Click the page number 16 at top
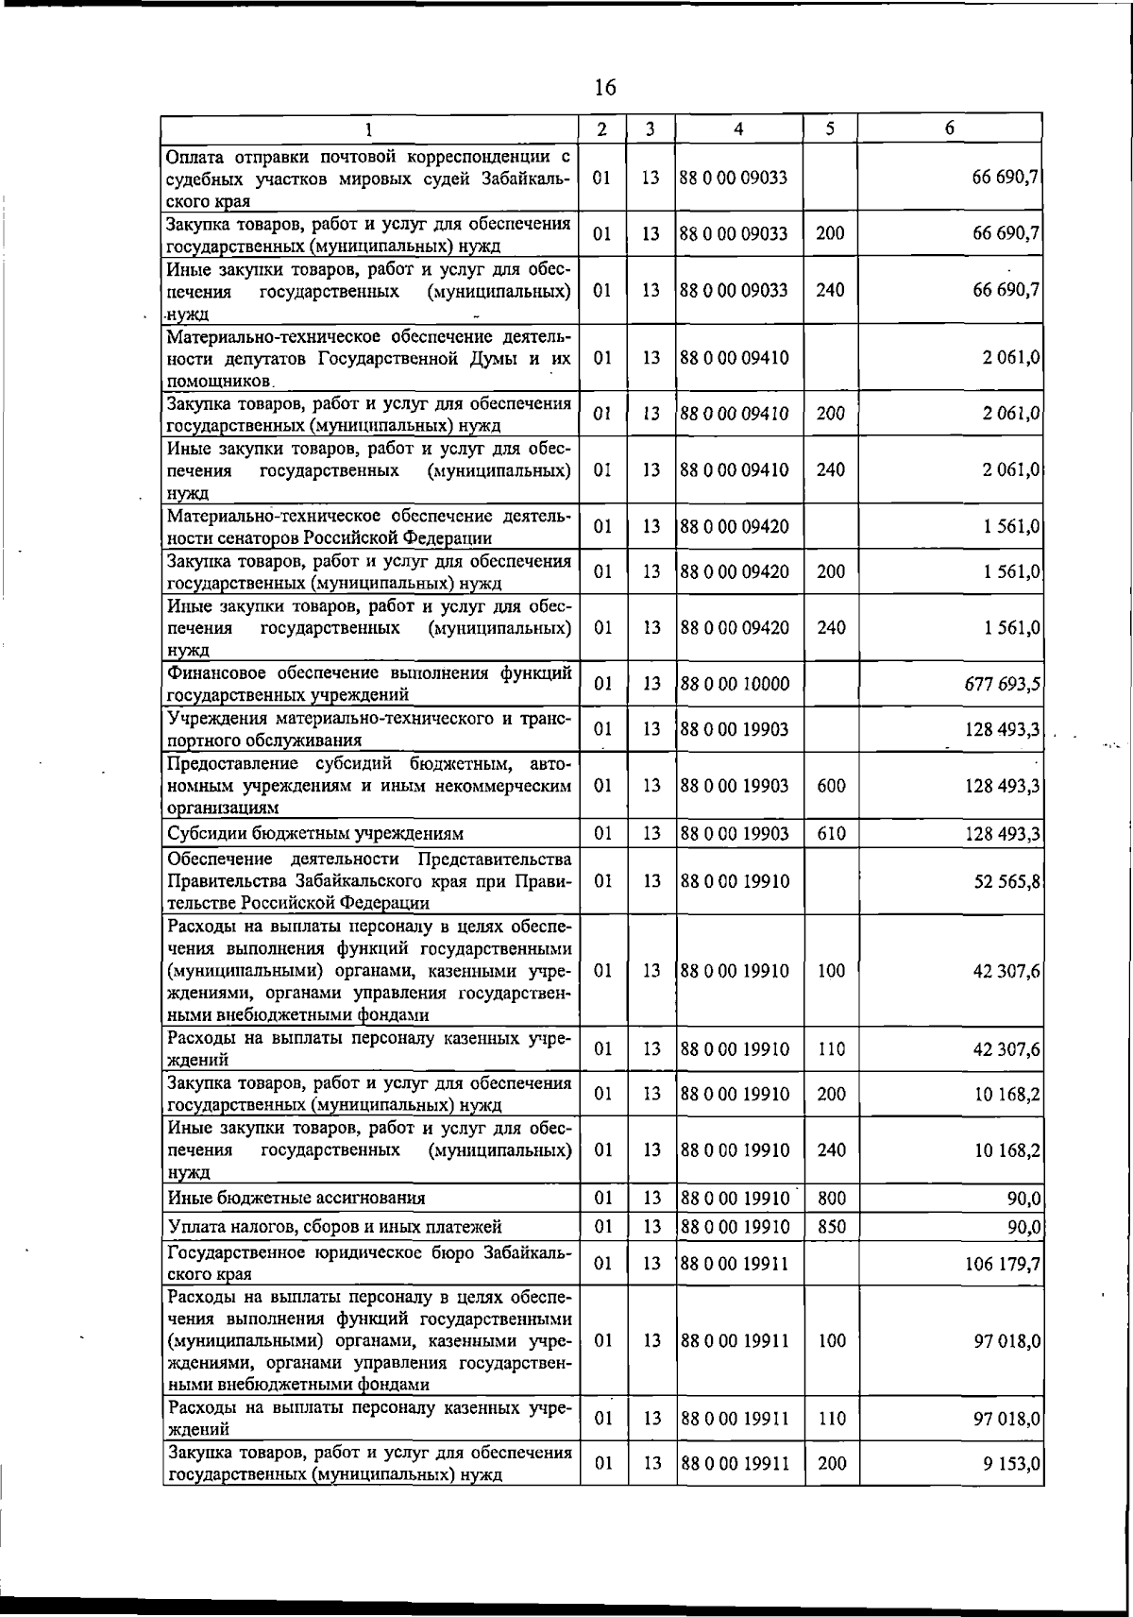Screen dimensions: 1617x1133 click(605, 88)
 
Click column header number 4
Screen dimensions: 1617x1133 click(738, 128)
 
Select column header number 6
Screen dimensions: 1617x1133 click(949, 128)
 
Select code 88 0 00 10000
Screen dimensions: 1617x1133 click(734, 684)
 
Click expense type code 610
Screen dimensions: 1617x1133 click(831, 834)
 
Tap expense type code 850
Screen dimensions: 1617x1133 click(831, 1227)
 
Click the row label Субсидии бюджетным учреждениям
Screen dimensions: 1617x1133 click(315, 834)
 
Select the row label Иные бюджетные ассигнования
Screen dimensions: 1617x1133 click(296, 1199)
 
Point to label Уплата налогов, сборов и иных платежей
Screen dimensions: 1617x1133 click(333, 1227)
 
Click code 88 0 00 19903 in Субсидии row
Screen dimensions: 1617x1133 click(734, 834)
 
